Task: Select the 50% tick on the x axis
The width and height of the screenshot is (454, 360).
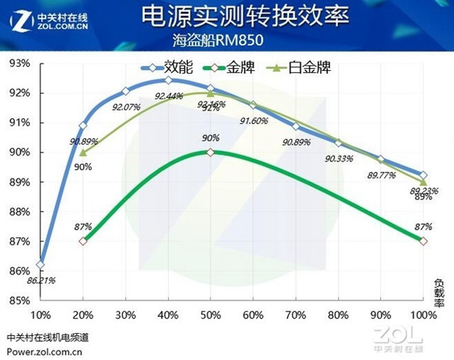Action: (210, 314)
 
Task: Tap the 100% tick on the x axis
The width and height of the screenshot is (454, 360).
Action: (423, 314)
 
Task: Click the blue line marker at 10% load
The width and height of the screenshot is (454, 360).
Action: (40, 264)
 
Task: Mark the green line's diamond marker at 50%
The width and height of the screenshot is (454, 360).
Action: (210, 152)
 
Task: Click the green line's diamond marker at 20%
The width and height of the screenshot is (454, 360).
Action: (82, 241)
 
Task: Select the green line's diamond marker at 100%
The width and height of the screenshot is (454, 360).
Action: (423, 241)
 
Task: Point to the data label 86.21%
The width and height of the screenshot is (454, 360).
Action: (42, 280)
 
